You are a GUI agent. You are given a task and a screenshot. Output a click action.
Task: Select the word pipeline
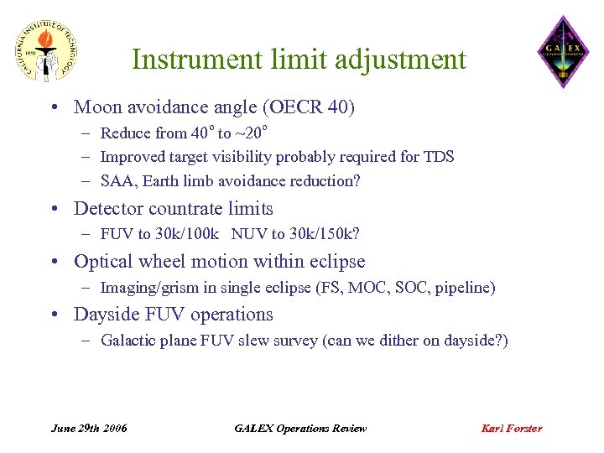[x=464, y=288]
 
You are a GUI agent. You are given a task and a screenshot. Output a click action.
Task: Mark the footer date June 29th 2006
[x=89, y=428]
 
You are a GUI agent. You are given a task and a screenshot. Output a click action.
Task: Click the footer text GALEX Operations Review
[x=300, y=428]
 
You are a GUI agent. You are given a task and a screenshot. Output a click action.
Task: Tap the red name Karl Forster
[x=511, y=428]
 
